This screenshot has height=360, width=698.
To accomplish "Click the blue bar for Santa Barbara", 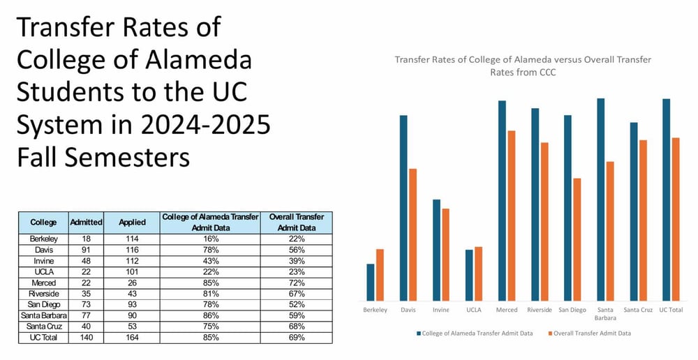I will click(601, 200).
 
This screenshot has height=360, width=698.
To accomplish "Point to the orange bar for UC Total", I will click(675, 219).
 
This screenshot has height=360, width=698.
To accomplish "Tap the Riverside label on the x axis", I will click(540, 310).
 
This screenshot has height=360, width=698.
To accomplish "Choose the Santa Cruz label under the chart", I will click(638, 310).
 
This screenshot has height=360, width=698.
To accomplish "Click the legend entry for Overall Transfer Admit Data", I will click(593, 333).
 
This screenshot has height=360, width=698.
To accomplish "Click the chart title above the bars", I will click(523, 65).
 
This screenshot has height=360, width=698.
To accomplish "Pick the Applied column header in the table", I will click(132, 223).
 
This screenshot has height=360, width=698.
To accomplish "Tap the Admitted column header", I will click(87, 223).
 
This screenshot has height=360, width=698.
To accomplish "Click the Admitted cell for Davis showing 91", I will click(87, 249).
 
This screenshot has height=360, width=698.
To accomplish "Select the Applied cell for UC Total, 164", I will click(132, 337).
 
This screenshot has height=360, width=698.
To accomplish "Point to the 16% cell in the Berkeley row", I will click(210, 239).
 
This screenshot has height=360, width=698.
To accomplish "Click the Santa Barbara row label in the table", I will click(43, 316).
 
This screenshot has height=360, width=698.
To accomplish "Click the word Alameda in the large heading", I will click(198, 61).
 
